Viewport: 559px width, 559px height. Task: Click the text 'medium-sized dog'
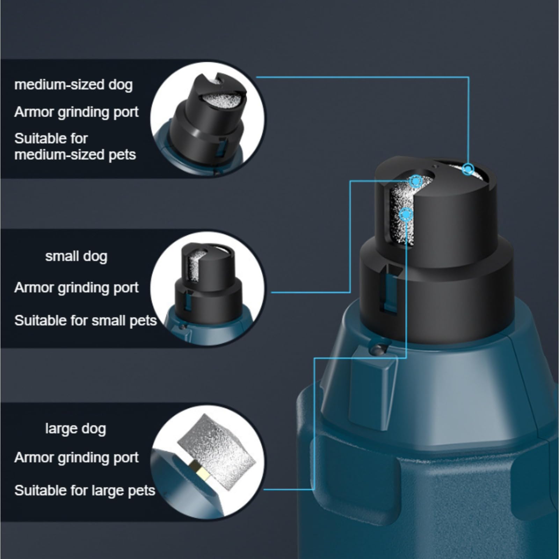pos(73,85)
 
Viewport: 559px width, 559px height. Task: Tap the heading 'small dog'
pos(76,256)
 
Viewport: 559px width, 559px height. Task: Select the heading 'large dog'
pos(75,429)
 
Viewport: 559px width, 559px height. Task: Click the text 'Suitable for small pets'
pos(85,320)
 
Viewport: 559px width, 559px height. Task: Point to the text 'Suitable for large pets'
pos(85,491)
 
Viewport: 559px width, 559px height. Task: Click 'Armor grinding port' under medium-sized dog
pos(76,112)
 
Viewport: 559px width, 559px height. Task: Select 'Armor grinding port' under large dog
pos(76,457)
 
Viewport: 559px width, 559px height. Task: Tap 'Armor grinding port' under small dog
pos(76,288)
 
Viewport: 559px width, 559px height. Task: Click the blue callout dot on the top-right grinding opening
pos(467,169)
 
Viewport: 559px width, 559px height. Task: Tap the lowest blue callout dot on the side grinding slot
pos(406,215)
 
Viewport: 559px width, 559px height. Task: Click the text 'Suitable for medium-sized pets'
pos(75,147)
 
